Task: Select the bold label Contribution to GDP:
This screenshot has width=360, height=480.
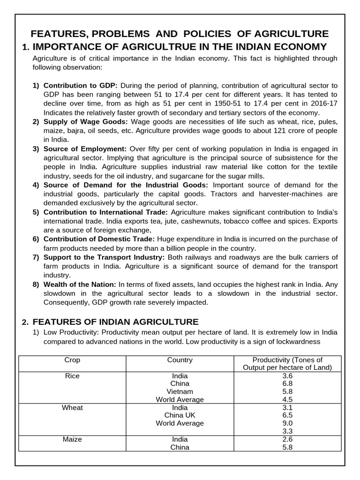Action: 80,86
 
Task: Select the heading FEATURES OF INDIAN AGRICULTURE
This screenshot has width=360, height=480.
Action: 116,322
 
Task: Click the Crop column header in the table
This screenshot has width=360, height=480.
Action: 72,360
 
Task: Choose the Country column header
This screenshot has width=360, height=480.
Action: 180,360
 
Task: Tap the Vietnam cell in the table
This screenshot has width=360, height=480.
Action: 180,391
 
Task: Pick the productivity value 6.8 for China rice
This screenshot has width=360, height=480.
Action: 287,383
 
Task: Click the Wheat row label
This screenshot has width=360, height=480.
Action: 72,408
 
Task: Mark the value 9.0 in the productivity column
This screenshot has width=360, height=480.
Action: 287,423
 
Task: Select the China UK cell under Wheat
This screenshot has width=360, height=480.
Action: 180,415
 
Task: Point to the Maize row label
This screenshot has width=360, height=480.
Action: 72,439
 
